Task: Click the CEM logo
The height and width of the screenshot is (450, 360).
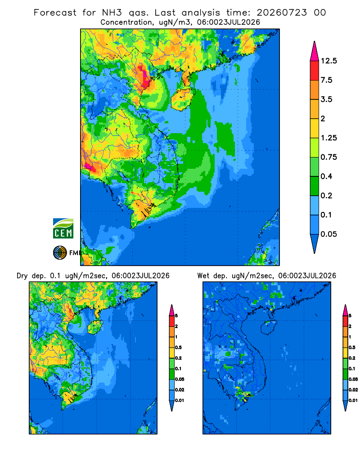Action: (63, 229)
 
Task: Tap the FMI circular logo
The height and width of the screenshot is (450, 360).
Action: (60, 253)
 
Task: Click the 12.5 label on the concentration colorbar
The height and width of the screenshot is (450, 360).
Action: (328, 61)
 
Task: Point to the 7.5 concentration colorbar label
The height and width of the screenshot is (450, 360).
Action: (326, 80)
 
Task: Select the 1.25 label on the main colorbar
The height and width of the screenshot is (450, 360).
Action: (328, 138)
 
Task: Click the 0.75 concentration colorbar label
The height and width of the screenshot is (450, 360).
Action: (328, 157)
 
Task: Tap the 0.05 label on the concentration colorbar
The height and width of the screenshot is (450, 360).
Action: (328, 234)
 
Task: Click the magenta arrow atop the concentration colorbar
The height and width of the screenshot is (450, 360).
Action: (315, 51)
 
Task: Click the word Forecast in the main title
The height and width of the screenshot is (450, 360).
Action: (55, 13)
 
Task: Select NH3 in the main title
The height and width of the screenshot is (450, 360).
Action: (112, 13)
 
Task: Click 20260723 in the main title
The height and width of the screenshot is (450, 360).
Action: (282, 13)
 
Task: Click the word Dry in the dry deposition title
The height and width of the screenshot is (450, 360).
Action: (22, 276)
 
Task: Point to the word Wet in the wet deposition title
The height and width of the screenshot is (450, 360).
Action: (203, 276)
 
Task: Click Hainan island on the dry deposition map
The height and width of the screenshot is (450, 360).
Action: (95, 328)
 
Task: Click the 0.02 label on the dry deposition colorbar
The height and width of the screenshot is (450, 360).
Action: (180, 390)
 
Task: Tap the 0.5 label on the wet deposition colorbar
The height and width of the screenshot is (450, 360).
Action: (352, 347)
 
